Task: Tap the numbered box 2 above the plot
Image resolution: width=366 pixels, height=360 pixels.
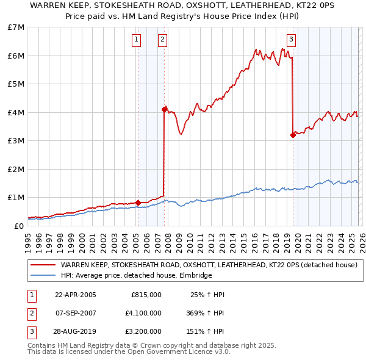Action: pyautogui.click(x=162, y=40)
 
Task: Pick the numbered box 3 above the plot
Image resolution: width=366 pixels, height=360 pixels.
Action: pyautogui.click(x=291, y=40)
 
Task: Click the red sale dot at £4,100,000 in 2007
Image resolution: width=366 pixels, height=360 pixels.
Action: pyautogui.click(x=164, y=109)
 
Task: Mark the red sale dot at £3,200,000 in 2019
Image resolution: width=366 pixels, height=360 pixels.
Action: pyautogui.click(x=293, y=135)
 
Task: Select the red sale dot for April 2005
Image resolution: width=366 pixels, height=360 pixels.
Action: pyautogui.click(x=138, y=203)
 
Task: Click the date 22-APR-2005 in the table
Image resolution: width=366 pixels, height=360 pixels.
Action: pyautogui.click(x=76, y=295)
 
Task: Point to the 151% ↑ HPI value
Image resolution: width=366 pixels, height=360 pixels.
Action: pyautogui.click(x=206, y=333)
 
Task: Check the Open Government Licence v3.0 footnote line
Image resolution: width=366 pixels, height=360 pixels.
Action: pyautogui.click(x=129, y=351)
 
